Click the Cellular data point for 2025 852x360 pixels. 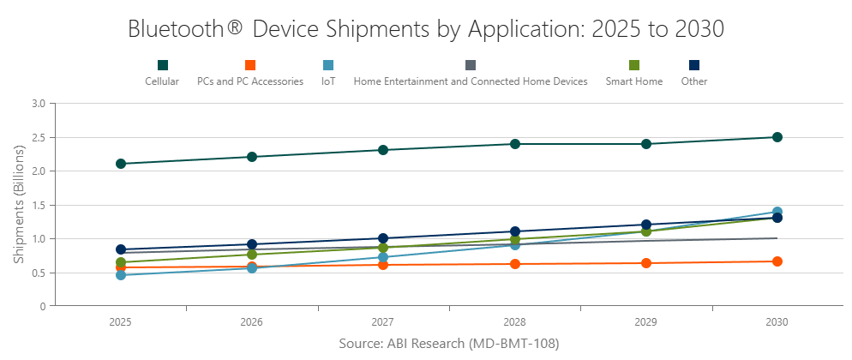pos(121,164)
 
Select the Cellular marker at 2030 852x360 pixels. pos(777,137)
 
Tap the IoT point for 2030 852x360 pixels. pos(777,212)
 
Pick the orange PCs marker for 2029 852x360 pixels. pos(646,263)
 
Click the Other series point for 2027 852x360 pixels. pos(383,238)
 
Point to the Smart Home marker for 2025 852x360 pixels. pos(121,262)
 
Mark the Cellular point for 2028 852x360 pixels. pos(515,144)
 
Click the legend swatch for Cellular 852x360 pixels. pos(162,65)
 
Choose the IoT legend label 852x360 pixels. pos(328,81)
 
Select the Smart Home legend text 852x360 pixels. pos(633,81)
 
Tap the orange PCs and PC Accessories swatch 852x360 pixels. pos(250,65)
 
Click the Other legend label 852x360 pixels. pos(694,81)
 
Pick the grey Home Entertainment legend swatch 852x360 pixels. pos(471,65)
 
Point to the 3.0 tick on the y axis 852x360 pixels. pos(39,104)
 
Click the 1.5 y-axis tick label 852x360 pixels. pos(39,205)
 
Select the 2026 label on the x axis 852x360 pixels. pos(252,322)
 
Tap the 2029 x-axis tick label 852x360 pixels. pos(646,322)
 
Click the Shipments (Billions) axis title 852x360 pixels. pos(19,204)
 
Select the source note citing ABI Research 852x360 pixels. pos(448,343)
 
